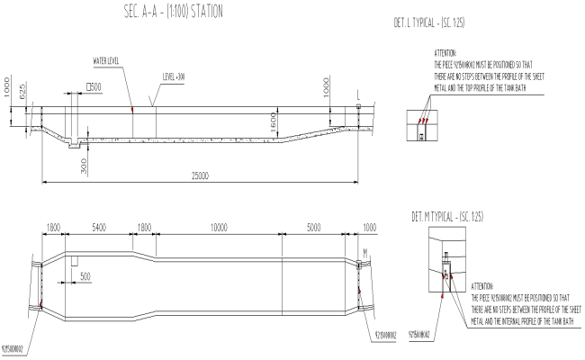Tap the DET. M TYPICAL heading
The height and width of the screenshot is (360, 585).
(454, 217)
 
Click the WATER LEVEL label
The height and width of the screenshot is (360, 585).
(107, 61)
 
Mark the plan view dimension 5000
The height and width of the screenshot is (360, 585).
(311, 229)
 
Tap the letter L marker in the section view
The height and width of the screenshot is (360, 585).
(359, 94)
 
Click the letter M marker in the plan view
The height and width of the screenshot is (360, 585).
(365, 252)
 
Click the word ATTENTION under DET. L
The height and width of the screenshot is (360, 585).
(445, 54)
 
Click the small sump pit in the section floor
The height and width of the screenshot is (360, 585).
(75, 146)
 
